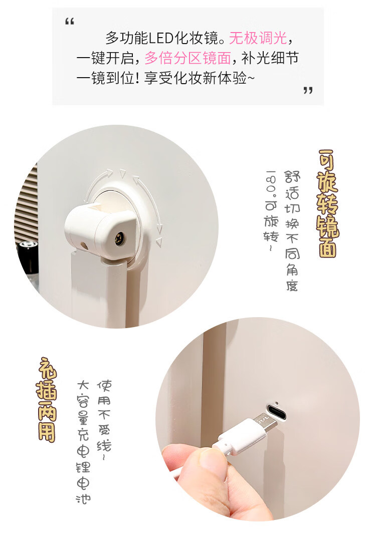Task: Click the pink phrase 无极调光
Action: pos(258,38)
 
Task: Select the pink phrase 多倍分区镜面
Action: pos(188,58)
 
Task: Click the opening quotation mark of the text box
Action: pos(70,22)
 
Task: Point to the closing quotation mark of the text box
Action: pos(308,90)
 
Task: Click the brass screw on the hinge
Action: pos(120,237)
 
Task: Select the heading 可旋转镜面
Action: pos(327,203)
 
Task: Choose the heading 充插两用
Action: pos(47,400)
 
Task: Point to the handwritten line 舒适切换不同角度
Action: pos(292,231)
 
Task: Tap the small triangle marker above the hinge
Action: pos(122,173)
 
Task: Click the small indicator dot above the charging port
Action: pos(276,402)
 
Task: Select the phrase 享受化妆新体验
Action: pos(195,78)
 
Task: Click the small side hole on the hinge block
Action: pos(83,245)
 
